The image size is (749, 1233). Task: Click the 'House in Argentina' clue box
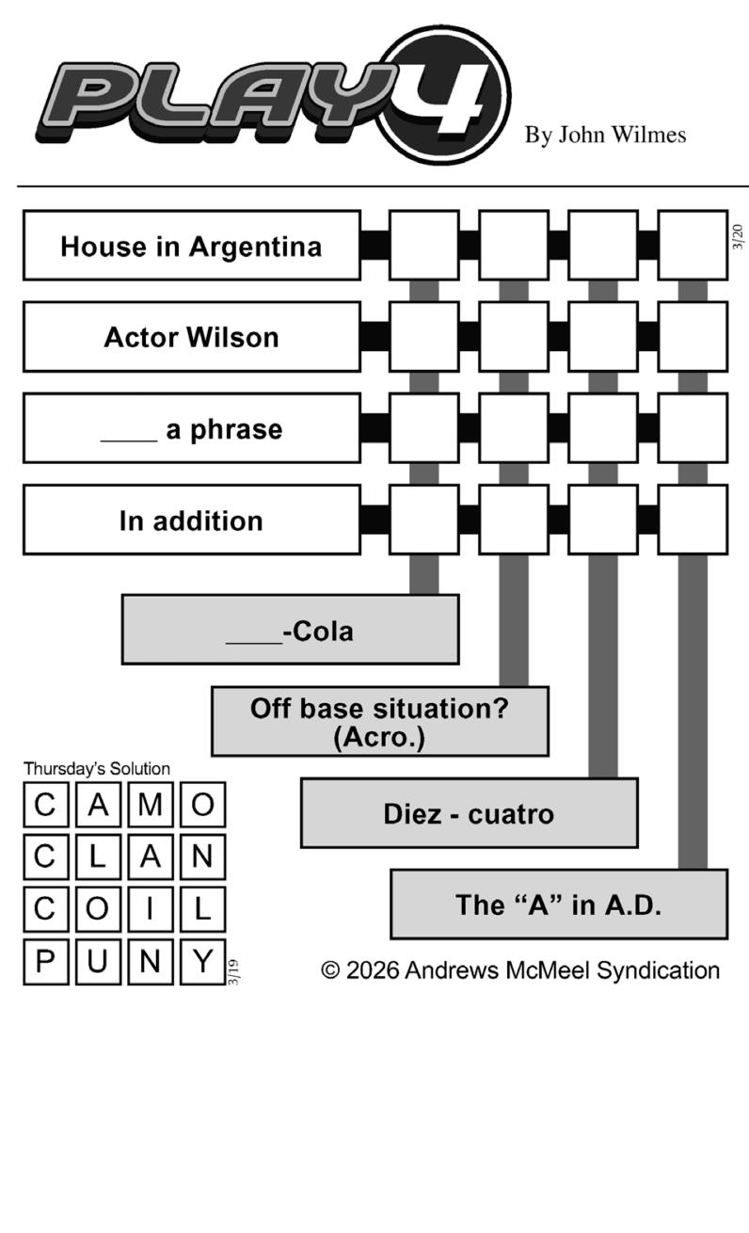tap(192, 246)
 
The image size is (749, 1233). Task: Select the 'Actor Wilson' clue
tap(192, 337)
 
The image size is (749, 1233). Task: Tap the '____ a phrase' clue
tap(192, 428)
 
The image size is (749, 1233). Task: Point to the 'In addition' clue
tap(192, 520)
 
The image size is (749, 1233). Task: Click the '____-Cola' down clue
tap(291, 630)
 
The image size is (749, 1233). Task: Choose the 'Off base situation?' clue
tap(380, 721)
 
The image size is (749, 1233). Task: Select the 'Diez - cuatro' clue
tap(470, 813)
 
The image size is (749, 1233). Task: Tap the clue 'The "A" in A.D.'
tap(559, 905)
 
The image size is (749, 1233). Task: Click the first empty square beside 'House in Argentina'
tap(424, 246)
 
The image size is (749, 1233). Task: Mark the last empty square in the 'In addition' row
tap(693, 520)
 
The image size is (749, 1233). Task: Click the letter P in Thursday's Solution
tap(46, 962)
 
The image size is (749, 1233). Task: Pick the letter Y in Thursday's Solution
tap(202, 962)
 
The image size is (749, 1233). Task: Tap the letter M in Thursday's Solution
tap(151, 805)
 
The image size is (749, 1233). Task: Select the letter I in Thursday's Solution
tap(151, 909)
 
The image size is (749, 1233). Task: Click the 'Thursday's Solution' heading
tap(97, 768)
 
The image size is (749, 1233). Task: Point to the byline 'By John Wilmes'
tap(605, 135)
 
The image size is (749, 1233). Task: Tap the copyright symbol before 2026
tap(330, 969)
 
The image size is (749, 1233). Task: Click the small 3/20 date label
tap(738, 236)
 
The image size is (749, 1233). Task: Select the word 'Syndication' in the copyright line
tap(658, 970)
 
